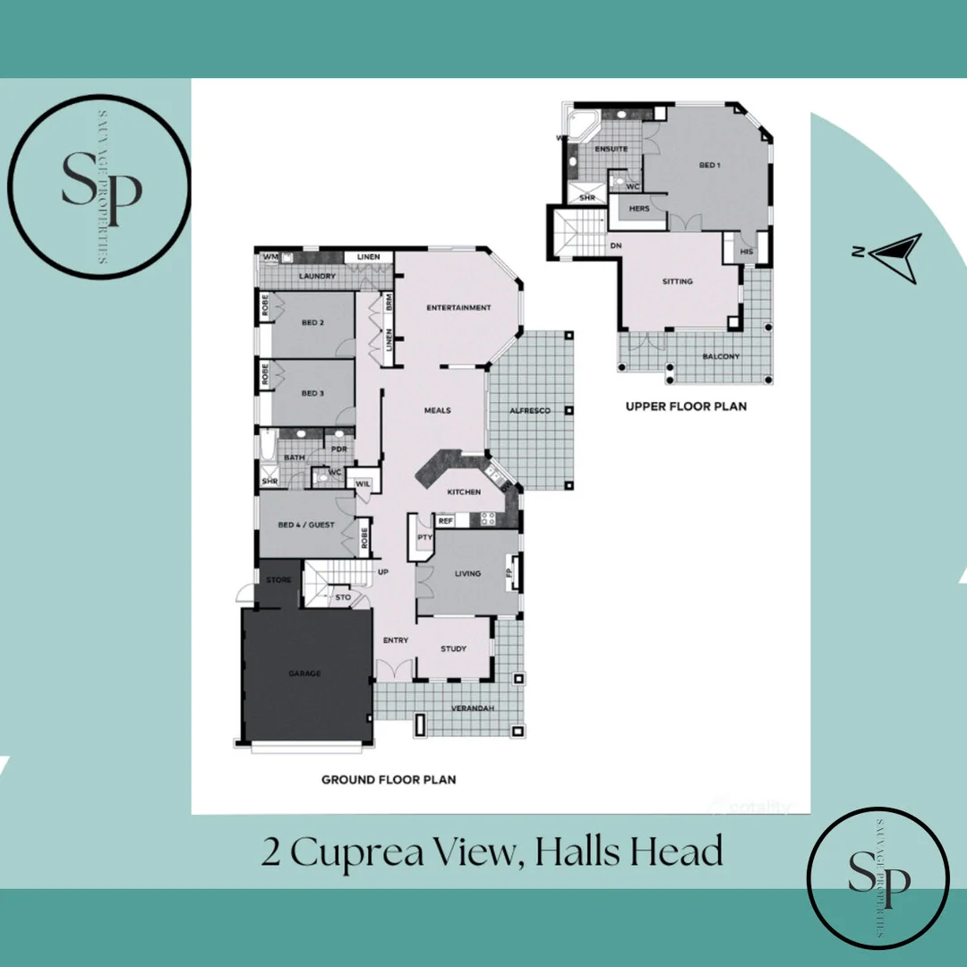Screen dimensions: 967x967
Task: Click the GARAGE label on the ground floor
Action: click(304, 673)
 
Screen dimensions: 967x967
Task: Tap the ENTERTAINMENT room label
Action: click(458, 308)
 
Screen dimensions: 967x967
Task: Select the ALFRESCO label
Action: click(529, 410)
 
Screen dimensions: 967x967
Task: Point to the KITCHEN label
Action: click(465, 492)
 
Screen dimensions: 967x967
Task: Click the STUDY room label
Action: click(454, 648)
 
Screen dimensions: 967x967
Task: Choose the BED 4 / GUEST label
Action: click(306, 525)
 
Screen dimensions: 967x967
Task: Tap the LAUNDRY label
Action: click(318, 276)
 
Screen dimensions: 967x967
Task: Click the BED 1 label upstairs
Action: click(710, 165)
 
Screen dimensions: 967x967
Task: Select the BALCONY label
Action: click(721, 356)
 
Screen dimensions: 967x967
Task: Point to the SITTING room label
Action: click(678, 281)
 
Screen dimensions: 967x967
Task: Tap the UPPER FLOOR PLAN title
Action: click(686, 406)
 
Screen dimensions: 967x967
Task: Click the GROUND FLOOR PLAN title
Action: click(389, 780)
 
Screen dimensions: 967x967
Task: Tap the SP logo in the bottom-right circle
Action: click(878, 878)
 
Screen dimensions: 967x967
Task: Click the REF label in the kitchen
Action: click(446, 520)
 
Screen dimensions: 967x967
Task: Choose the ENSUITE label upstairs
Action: click(612, 149)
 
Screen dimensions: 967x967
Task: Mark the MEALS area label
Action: click(438, 410)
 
